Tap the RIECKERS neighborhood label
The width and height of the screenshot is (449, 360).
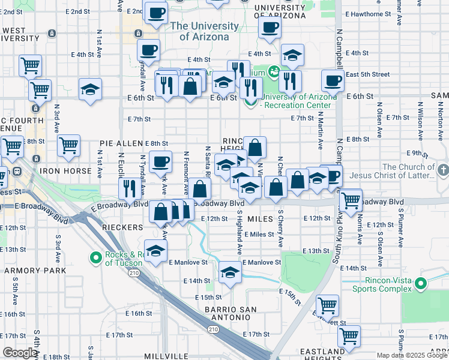(122, 228)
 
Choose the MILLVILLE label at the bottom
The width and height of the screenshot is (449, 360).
(151, 355)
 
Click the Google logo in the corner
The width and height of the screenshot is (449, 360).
(20, 353)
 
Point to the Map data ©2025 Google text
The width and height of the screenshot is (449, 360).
(412, 355)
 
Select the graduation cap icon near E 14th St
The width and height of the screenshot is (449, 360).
(230, 272)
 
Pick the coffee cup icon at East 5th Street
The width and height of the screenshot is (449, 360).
(332, 80)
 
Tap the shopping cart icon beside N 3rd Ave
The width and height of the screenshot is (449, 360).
(69, 145)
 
